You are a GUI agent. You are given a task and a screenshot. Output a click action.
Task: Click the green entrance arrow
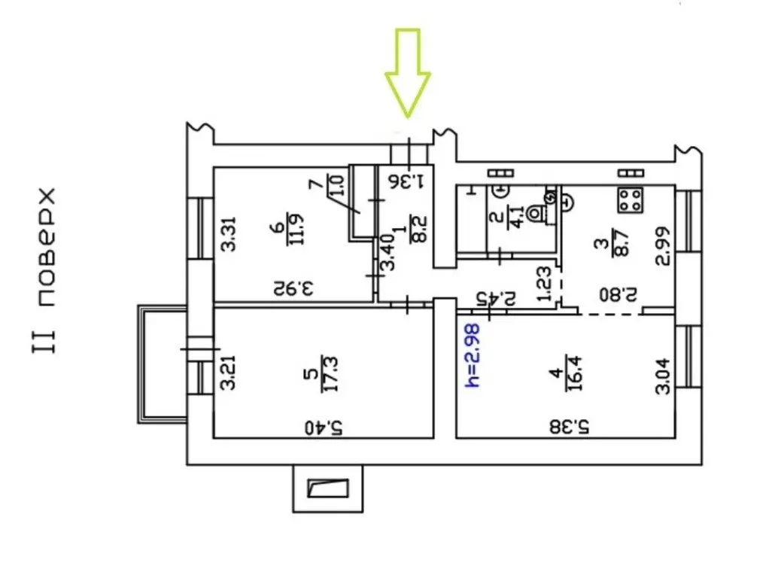coord(407,72)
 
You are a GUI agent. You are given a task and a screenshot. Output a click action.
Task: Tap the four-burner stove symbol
coord(631,199)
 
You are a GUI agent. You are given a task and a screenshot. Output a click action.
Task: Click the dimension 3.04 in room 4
coord(662,374)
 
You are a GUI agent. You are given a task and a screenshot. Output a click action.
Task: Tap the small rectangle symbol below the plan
coord(328,488)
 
